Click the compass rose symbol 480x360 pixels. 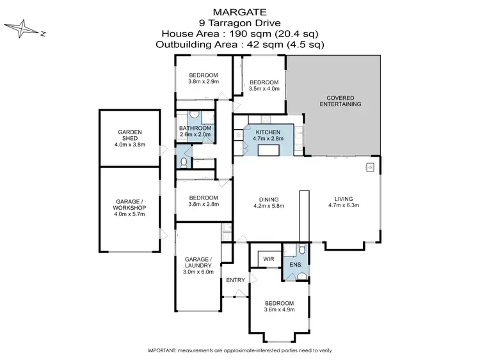(23, 29)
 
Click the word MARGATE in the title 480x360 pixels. (240, 12)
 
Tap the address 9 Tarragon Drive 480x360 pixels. (240, 22)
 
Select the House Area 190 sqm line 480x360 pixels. (240, 34)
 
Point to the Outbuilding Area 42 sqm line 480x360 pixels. (240, 45)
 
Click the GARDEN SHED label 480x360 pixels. (129, 135)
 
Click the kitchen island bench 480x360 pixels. (269, 150)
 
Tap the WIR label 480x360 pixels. (266, 259)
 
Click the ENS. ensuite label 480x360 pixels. (296, 263)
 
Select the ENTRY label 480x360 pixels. (236, 280)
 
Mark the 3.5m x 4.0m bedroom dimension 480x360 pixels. (264, 90)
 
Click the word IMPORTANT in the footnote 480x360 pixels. (163, 351)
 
